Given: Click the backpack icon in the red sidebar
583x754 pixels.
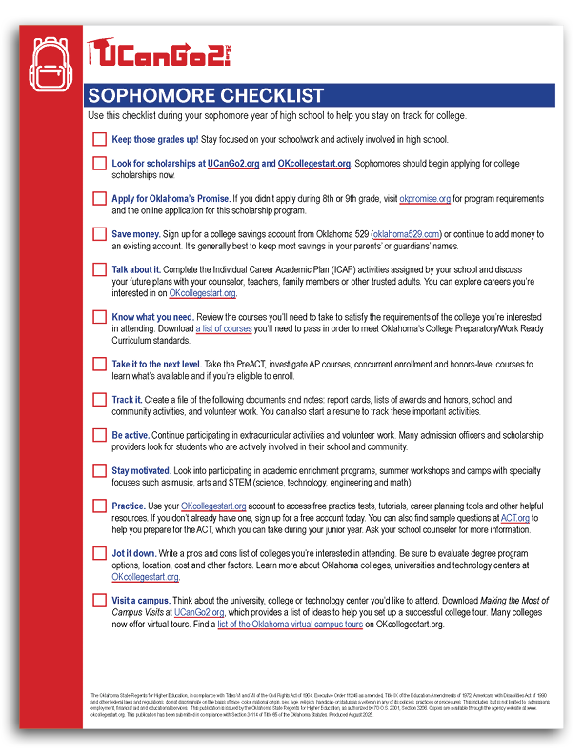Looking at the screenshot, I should click(x=50, y=62).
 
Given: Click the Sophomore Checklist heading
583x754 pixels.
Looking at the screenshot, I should click(x=206, y=96).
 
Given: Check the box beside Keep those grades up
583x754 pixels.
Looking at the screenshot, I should click(x=99, y=139).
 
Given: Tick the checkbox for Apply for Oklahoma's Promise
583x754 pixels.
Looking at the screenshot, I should click(x=99, y=199).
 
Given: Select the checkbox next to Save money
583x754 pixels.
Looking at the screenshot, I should click(x=99, y=234).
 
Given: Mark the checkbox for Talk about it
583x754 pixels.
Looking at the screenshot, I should click(x=99, y=269).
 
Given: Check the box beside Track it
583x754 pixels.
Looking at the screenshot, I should click(x=99, y=401).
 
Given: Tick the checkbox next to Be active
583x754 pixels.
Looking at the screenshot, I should click(x=99, y=434).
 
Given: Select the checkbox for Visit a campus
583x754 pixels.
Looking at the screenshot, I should click(x=99, y=601).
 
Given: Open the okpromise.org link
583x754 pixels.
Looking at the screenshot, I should click(x=431, y=199).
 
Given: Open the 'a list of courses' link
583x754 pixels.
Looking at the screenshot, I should click(x=224, y=328).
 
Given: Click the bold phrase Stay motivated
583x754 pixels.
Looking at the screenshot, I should click(x=141, y=470).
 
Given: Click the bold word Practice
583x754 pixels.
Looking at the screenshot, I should click(x=129, y=506).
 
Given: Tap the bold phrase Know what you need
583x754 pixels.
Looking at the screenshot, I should click(x=153, y=317).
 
